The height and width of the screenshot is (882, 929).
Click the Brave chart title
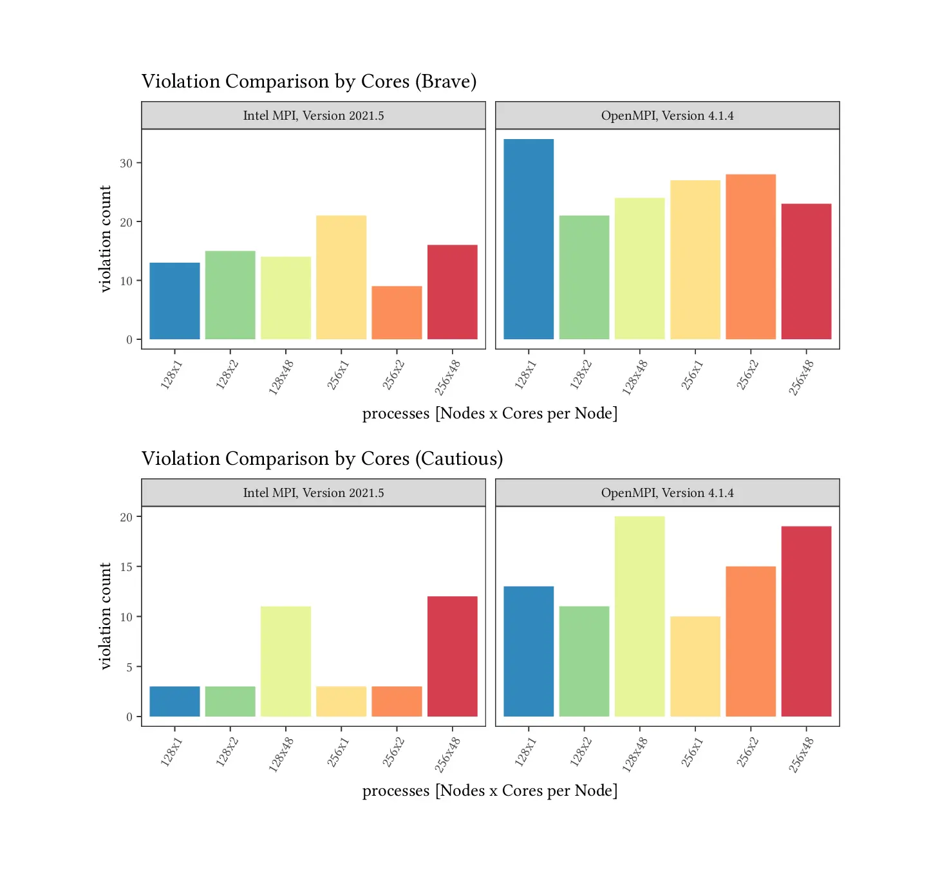tap(309, 82)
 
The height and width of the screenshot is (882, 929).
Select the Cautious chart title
tap(322, 459)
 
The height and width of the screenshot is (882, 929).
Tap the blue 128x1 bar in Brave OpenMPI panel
tap(529, 239)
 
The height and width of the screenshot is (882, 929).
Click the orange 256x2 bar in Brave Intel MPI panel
tap(397, 313)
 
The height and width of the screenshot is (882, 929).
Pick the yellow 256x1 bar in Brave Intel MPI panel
tap(341, 277)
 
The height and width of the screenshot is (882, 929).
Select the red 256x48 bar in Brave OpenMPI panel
tap(806, 272)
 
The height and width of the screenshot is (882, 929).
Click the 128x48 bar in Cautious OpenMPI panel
tap(639, 616)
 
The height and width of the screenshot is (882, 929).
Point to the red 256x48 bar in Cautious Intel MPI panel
tap(452, 656)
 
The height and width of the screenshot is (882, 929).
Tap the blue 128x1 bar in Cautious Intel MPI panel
tap(174, 701)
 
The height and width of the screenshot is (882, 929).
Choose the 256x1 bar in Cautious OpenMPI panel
tap(695, 666)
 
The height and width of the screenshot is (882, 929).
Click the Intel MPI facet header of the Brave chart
tap(314, 116)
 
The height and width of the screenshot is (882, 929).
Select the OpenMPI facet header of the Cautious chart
tap(667, 493)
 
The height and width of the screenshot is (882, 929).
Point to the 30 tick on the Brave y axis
tap(126, 164)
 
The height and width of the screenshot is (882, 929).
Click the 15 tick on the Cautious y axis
tap(126, 567)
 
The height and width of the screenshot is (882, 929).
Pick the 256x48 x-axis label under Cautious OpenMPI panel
tap(802, 755)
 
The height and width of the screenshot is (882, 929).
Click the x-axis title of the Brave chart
tap(489, 413)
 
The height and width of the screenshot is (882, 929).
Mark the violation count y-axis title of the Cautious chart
tap(106, 616)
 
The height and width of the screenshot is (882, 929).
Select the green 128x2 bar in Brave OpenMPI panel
tap(584, 277)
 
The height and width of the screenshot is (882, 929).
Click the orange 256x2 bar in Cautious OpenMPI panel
tap(751, 641)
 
